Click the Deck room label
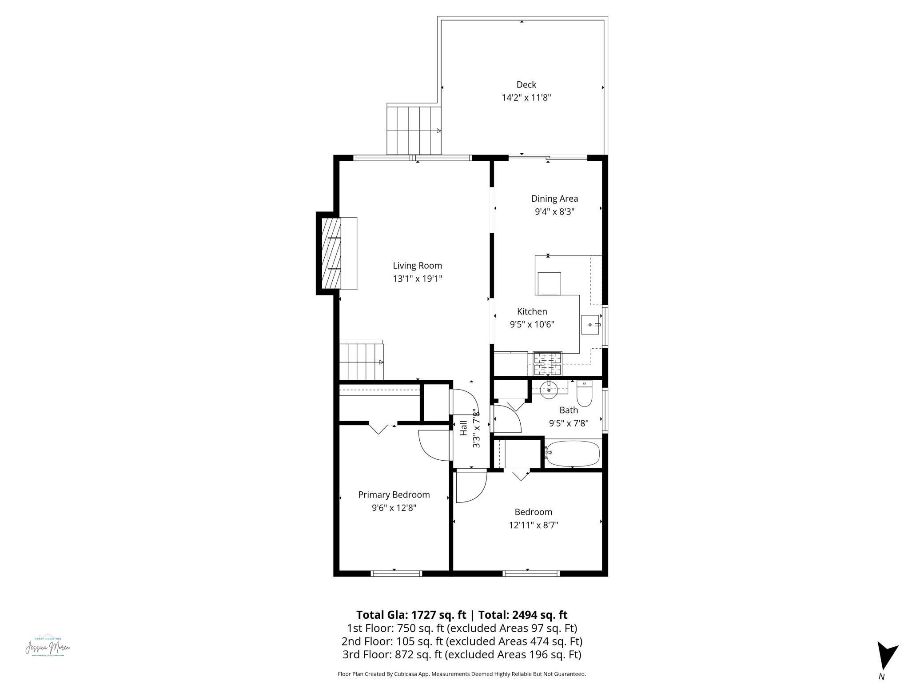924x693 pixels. tap(526, 84)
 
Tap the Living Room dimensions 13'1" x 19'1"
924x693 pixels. tap(417, 279)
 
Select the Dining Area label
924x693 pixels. tap(554, 199)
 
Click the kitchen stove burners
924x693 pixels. tap(547, 363)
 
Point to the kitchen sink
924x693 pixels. tap(590, 325)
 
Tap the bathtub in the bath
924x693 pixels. tap(573, 453)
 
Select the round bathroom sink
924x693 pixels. tap(550, 390)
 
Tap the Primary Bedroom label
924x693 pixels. tap(394, 495)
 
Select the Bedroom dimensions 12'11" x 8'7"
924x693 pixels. tap(533, 525)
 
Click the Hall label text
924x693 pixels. tap(464, 428)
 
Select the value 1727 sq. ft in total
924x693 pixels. tap(438, 615)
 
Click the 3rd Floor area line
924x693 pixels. tap(462, 654)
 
